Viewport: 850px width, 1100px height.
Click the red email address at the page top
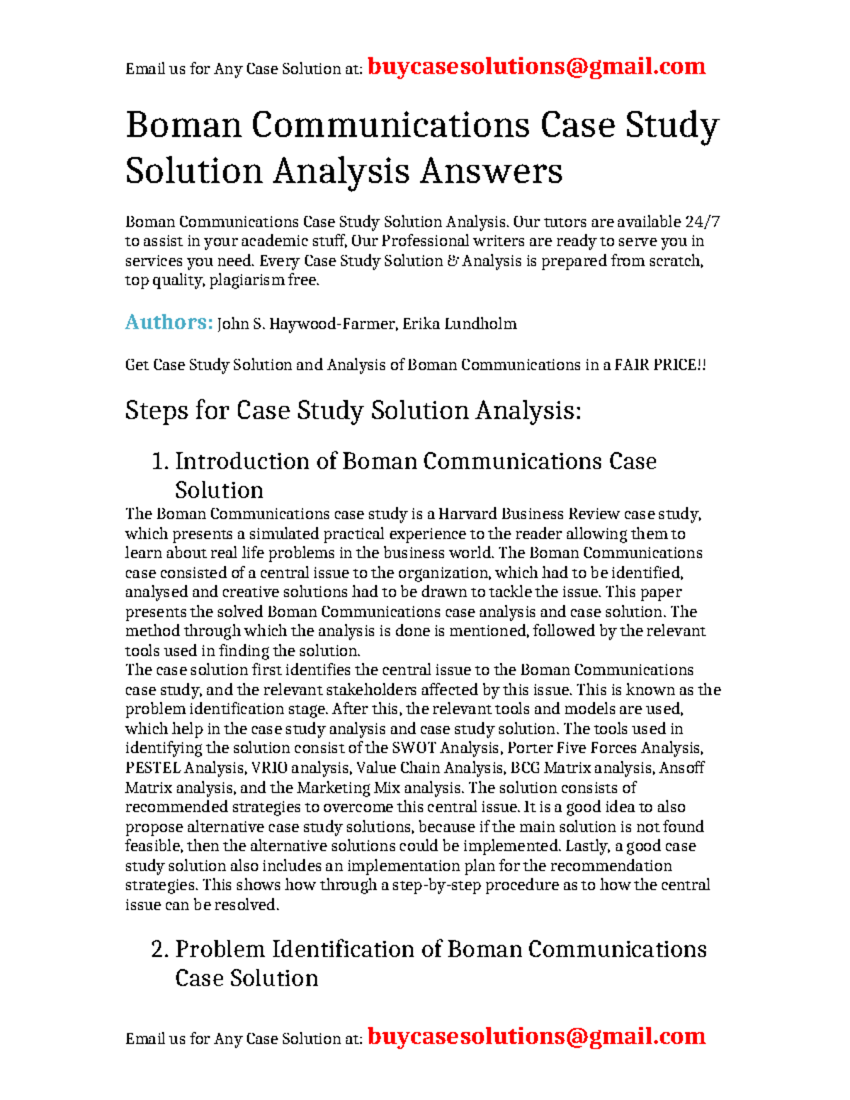[x=536, y=67]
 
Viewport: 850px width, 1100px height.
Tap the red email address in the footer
[x=536, y=1036]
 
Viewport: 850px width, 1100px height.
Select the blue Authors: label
[x=169, y=322]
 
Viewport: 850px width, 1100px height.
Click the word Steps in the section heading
[x=156, y=411]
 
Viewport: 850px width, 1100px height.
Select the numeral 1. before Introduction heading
[x=160, y=462]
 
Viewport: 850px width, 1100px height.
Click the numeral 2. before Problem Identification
[x=160, y=950]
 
